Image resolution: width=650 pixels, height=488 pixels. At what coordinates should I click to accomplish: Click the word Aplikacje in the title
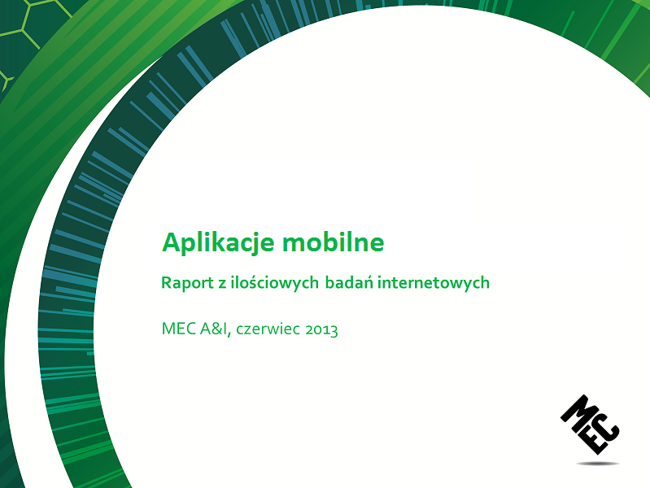click(x=218, y=242)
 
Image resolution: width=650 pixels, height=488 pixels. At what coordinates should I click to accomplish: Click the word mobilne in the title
click(x=334, y=242)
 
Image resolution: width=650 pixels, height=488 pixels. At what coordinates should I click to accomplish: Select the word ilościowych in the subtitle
click(x=274, y=283)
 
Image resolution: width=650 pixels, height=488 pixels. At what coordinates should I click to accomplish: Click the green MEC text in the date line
click(x=179, y=329)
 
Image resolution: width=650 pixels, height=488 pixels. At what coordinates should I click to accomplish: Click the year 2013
click(x=321, y=329)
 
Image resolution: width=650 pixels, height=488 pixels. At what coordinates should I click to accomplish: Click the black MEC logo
click(x=590, y=425)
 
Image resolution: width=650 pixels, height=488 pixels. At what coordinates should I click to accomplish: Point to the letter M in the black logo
click(x=577, y=412)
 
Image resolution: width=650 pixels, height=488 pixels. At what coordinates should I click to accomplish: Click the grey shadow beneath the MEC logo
click(x=598, y=463)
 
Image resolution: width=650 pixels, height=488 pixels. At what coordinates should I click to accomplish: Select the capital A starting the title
click(x=171, y=242)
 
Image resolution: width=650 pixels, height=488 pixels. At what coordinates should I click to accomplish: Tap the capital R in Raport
click(x=166, y=283)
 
